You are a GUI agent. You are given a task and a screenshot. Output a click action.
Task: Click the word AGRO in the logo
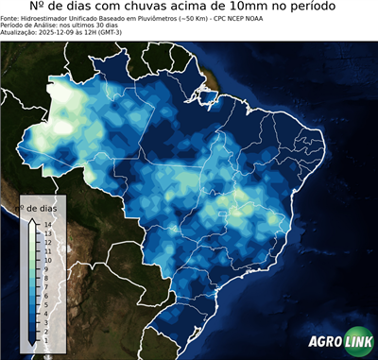click(324, 342)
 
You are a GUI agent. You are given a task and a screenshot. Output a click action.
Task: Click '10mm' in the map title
click(279, 8)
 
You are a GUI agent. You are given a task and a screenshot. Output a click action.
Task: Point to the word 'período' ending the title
click(335, 8)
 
